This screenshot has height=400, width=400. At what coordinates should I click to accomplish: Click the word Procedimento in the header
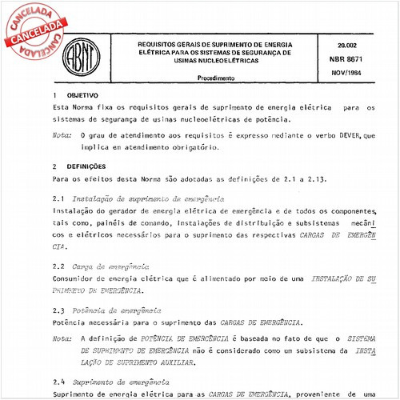(216, 78)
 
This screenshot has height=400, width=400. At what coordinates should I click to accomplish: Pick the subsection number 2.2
(58, 266)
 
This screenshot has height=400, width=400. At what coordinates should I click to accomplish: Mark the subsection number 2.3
(58, 308)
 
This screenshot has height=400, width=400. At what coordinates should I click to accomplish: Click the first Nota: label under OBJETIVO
(61, 137)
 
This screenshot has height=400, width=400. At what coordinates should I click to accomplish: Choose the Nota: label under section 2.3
(61, 339)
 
